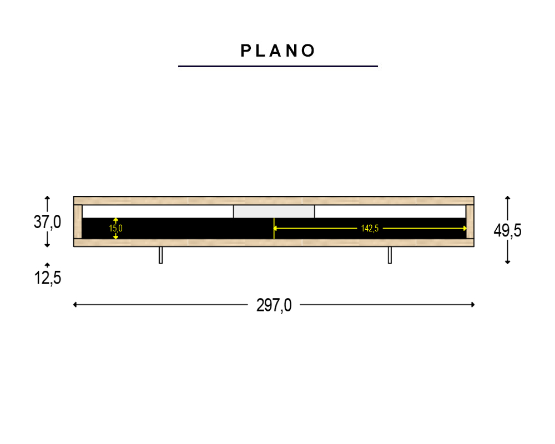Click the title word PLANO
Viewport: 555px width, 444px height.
(x=277, y=51)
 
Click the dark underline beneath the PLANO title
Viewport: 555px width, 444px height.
(x=278, y=66)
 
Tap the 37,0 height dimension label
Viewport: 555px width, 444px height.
(x=47, y=222)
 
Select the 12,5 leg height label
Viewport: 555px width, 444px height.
(x=47, y=277)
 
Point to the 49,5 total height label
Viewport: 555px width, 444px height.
(x=508, y=230)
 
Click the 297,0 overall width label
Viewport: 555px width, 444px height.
(x=274, y=305)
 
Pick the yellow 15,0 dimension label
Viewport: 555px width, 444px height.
(x=116, y=228)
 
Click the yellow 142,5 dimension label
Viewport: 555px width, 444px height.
(x=370, y=228)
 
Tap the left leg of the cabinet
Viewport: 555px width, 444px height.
(x=161, y=255)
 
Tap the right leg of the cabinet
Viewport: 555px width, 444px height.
(x=390, y=255)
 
